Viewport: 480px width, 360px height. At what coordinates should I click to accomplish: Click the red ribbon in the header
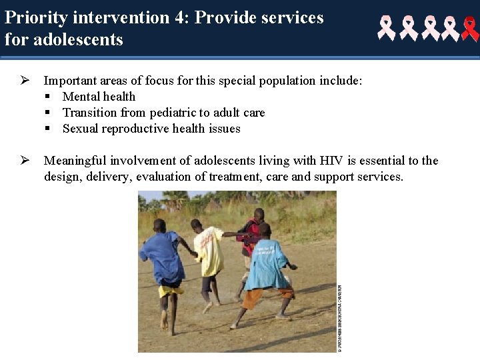click(470, 29)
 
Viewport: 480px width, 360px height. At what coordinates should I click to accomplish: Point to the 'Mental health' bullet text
click(99, 97)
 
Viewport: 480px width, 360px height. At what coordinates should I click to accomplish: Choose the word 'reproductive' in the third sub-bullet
click(139, 129)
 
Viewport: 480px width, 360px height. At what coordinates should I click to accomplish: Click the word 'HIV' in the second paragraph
click(331, 161)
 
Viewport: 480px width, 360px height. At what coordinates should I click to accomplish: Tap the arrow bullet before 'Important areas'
click(24, 81)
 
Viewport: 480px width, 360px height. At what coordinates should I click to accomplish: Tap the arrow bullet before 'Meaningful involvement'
click(24, 161)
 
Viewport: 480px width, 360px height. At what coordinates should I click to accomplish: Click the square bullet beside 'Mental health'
click(49, 97)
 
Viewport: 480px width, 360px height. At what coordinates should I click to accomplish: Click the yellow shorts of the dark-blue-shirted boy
click(171, 291)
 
